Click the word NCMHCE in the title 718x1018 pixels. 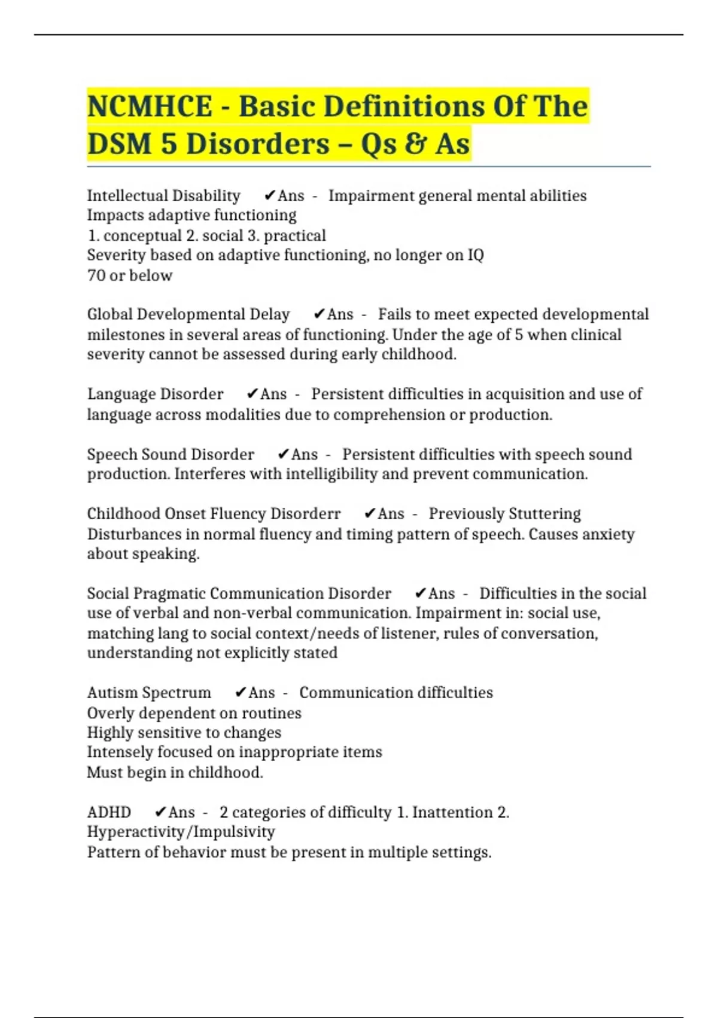[x=150, y=107]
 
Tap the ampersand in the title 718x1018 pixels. [x=414, y=144]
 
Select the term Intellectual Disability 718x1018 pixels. [x=163, y=196]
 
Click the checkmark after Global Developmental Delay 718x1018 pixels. [x=319, y=314]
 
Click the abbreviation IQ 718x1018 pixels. [x=476, y=255]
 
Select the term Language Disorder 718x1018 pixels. [x=155, y=394]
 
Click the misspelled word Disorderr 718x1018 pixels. [x=305, y=514]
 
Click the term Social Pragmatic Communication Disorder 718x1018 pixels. [x=239, y=593]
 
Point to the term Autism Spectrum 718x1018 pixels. [x=149, y=693]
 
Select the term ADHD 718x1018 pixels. [x=109, y=813]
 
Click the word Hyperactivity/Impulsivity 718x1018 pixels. [x=181, y=832]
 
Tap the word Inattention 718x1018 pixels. [x=452, y=813]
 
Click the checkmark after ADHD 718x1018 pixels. [x=160, y=813]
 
